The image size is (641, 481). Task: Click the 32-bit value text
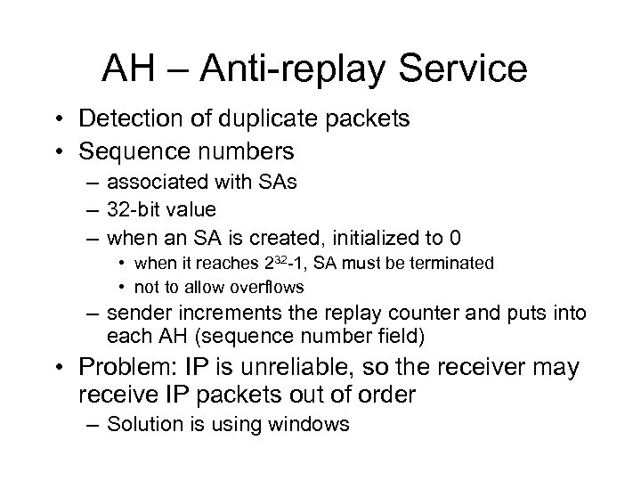click(x=161, y=210)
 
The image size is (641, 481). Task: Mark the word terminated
click(x=449, y=265)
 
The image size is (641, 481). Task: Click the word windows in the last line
click(x=312, y=424)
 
